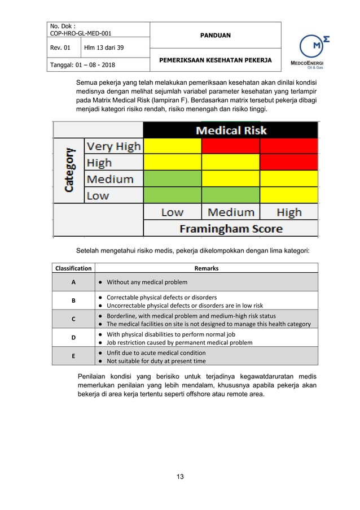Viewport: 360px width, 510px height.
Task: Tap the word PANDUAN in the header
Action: pyautogui.click(x=216, y=36)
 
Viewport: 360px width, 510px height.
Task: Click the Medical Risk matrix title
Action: pyautogui.click(x=231, y=130)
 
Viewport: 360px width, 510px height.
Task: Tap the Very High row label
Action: pyautogui.click(x=113, y=146)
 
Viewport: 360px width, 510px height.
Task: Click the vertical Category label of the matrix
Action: pyautogui.click(x=69, y=171)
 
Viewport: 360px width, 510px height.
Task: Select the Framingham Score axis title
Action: pyautogui.click(x=231, y=229)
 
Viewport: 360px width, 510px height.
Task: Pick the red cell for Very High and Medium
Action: pyautogui.click(x=231, y=146)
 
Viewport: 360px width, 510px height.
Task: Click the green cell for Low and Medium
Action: pyautogui.click(x=231, y=195)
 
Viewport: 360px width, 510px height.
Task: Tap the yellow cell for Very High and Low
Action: pyautogui.click(x=173, y=146)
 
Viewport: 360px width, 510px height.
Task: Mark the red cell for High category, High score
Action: pyautogui.click(x=289, y=163)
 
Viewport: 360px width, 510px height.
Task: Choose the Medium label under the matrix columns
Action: pyautogui.click(x=231, y=212)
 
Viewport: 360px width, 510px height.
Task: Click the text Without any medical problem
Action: pyautogui.click(x=147, y=282)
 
